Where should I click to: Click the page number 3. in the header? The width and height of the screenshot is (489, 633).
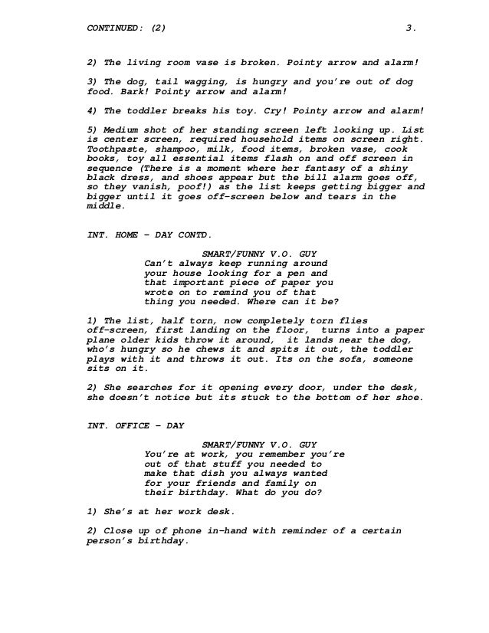click(x=411, y=29)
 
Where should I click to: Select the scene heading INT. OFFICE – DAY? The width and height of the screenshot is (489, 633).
click(x=134, y=427)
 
